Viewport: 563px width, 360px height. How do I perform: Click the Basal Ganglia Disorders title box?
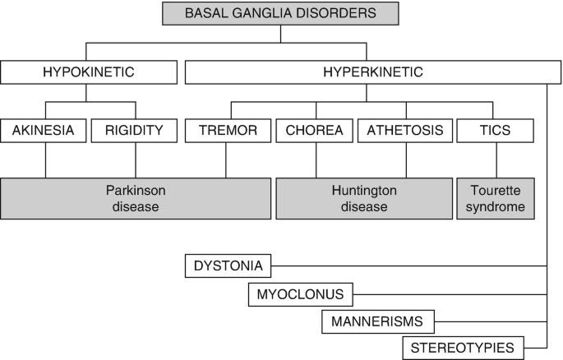tap(280, 13)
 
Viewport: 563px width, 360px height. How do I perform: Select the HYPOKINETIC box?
tap(88, 72)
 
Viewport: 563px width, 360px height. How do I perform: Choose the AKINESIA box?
tap(44, 130)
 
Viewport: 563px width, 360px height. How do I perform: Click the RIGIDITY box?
tap(135, 130)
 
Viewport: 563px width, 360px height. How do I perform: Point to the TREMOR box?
tap(228, 130)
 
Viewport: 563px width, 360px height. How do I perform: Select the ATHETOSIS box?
tap(405, 130)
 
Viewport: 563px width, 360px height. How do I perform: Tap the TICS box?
tap(496, 130)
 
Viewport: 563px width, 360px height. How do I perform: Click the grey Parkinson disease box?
tap(136, 198)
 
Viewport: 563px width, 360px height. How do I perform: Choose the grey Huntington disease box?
tap(363, 198)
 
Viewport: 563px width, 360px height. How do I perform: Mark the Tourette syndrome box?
tap(496, 198)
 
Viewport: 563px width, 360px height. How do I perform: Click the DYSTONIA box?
tap(228, 265)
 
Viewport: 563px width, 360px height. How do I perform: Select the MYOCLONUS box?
tap(301, 293)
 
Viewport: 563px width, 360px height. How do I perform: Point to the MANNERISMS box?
tap(377, 321)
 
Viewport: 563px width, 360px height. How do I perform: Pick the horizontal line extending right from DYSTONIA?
tap(411, 265)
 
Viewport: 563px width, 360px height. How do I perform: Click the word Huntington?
tap(363, 190)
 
